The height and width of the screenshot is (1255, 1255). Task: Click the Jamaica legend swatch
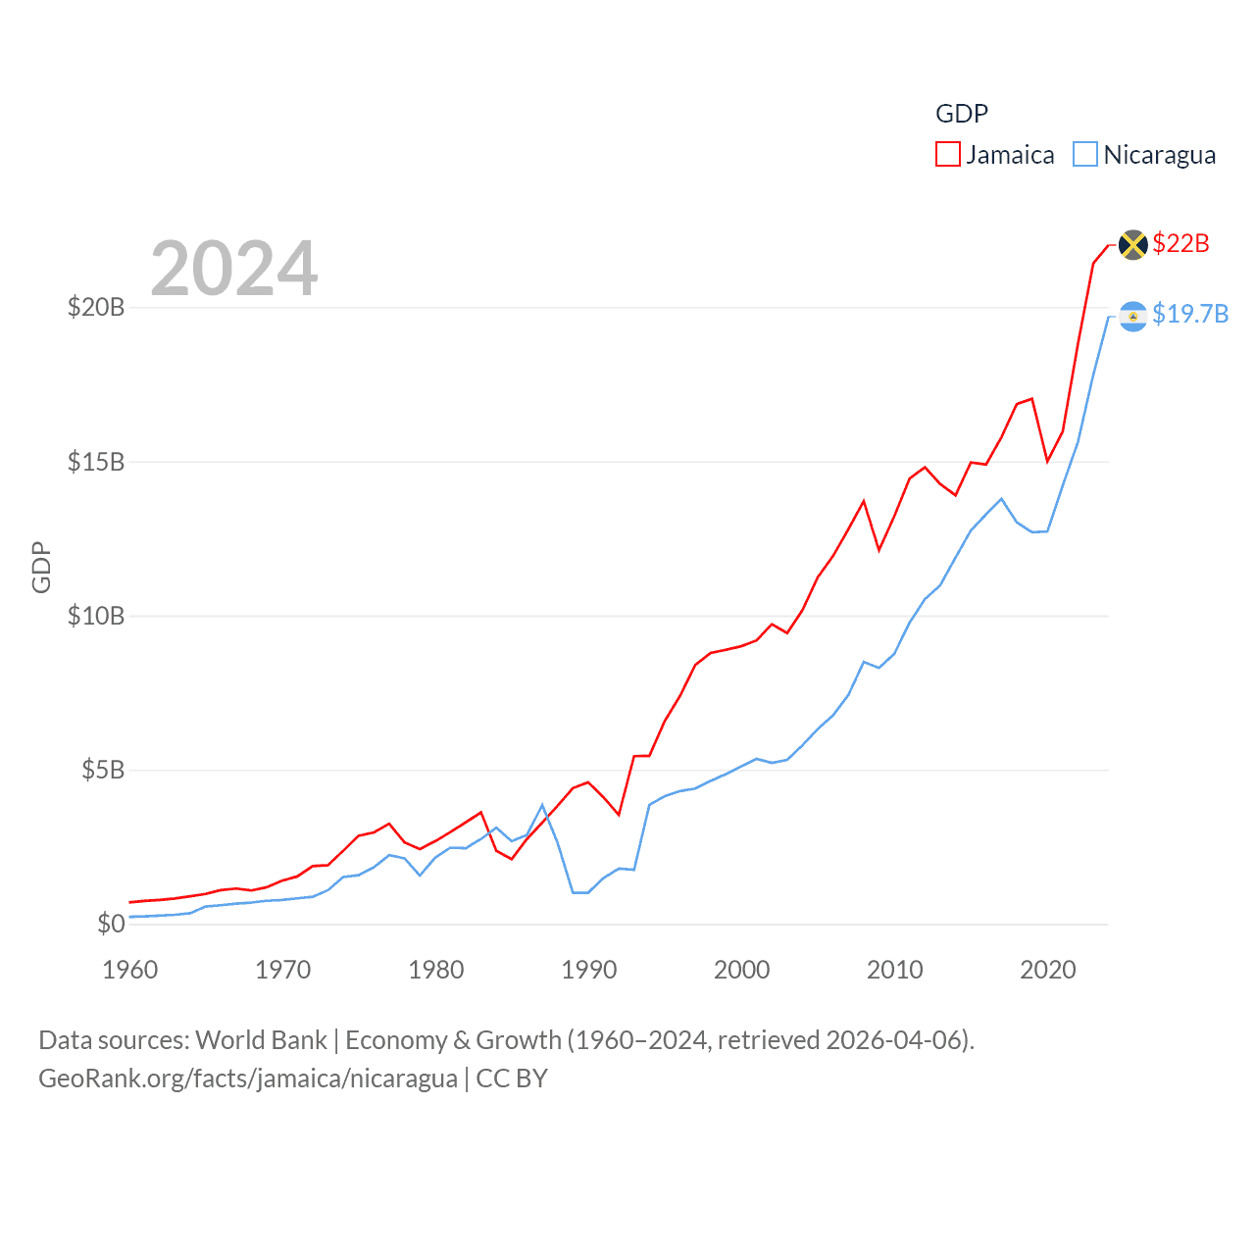coord(947,155)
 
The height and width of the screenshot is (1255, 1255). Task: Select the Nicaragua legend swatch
coord(1084,155)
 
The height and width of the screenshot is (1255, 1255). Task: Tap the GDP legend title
coord(961,114)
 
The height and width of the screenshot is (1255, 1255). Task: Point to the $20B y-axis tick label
coord(96,308)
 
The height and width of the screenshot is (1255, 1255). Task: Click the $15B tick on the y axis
coord(96,462)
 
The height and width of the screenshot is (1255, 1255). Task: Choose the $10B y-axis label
coord(96,616)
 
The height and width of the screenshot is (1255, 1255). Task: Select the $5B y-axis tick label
coord(103,770)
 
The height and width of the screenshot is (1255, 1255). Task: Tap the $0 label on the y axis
coord(111,924)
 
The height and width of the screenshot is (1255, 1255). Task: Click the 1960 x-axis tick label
coord(129,971)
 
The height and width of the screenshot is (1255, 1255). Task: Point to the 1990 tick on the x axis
coord(588,971)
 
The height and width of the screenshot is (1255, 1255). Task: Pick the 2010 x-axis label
coord(894,971)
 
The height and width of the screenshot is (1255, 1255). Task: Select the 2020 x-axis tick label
coord(1047,971)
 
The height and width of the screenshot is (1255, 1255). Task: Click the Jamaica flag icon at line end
coord(1132,244)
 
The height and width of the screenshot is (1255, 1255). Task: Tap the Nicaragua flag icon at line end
coord(1132,316)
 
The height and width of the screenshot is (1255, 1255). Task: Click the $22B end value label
coord(1180,243)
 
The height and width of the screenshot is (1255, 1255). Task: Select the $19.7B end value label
coord(1190,314)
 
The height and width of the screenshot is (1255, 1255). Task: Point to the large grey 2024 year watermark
coord(233,269)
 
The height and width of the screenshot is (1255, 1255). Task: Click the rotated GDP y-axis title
coord(41,567)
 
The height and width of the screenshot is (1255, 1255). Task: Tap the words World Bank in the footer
coord(261,1040)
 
